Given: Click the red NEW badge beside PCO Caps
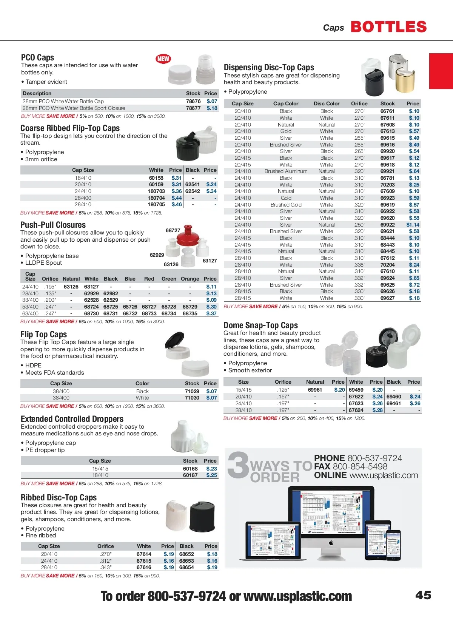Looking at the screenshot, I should (x=163, y=59).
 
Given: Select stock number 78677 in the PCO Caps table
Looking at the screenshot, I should (x=193, y=108).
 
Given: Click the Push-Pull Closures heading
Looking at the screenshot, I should (x=53, y=225).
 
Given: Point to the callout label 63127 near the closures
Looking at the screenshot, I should (x=210, y=261).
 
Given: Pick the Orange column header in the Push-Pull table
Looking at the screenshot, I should (x=190, y=279).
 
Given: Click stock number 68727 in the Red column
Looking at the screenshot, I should (x=149, y=307).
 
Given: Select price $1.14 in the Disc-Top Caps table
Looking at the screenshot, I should (x=413, y=225).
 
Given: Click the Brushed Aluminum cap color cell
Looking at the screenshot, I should (x=286, y=171).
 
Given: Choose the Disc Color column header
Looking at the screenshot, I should (x=327, y=103).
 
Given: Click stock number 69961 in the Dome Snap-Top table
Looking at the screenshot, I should (x=315, y=390).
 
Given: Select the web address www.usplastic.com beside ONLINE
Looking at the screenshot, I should (x=384, y=475).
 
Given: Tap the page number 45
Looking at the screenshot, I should (x=423, y=595).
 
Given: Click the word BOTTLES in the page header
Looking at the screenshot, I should (x=388, y=27).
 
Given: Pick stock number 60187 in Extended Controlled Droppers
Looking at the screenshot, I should (x=190, y=475).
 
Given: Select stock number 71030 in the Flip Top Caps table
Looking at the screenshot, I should (x=192, y=398).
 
